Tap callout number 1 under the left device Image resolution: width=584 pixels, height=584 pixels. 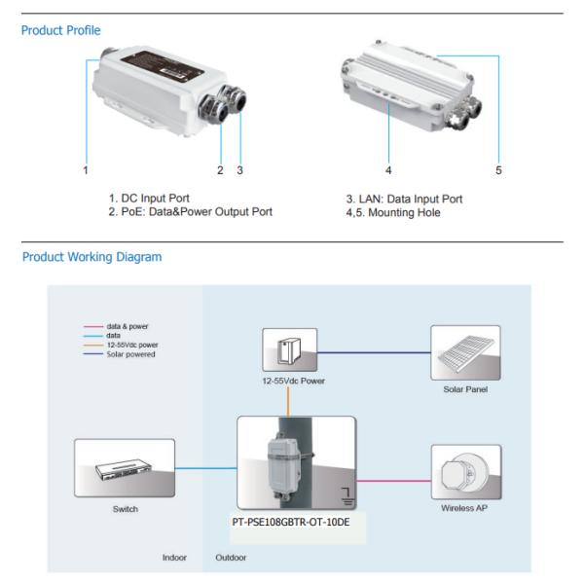click(x=87, y=170)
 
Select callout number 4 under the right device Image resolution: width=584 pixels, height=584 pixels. click(x=388, y=170)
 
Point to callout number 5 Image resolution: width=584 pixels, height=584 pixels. click(x=498, y=170)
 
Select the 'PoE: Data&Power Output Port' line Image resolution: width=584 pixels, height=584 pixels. click(x=191, y=211)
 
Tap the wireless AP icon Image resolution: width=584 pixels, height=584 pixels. click(x=465, y=471)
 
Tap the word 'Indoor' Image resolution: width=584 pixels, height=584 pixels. click(x=173, y=558)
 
